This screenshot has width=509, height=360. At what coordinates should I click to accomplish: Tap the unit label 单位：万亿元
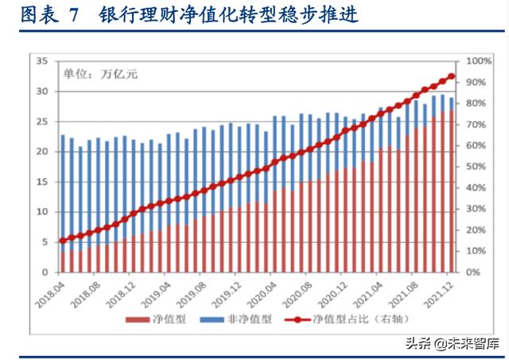pos(100,74)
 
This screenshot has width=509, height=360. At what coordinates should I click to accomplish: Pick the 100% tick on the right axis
pos(477,61)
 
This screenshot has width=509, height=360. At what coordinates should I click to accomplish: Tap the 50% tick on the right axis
pos(475,167)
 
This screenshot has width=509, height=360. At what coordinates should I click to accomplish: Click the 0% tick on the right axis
pos(472,273)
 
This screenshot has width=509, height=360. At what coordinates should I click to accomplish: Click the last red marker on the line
pos(451,77)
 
